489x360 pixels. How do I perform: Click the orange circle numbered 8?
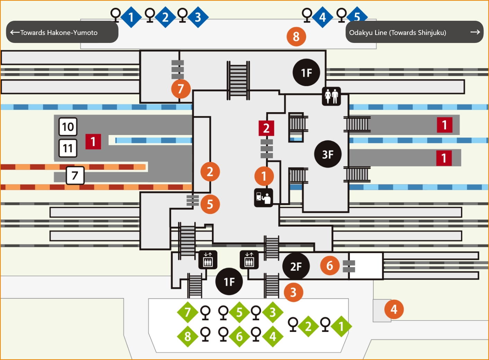click(x=296, y=36)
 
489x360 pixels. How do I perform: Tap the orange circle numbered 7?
click(x=181, y=89)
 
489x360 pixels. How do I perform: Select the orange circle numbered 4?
click(x=394, y=309)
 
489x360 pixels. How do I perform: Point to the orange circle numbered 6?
click(x=330, y=265)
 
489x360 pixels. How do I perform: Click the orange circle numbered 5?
click(x=210, y=204)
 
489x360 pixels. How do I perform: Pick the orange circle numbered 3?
click(x=293, y=292)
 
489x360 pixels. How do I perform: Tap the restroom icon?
click(x=331, y=96)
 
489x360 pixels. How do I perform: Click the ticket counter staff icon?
click(x=264, y=198)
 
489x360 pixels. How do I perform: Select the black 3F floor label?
click(x=328, y=154)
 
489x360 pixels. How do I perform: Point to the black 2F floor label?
click(x=296, y=267)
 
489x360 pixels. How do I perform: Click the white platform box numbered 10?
click(x=68, y=127)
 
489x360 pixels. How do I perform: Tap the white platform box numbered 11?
click(x=68, y=148)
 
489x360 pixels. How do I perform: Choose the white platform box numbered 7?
click(x=75, y=175)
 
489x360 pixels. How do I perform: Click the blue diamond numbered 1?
click(x=131, y=17)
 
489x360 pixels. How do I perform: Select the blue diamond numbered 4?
click(x=322, y=17)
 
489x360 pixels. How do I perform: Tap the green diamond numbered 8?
click(x=187, y=336)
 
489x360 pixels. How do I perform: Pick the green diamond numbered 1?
click(x=341, y=326)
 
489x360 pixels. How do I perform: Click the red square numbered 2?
click(x=266, y=128)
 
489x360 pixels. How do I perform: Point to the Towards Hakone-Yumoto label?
click(x=54, y=33)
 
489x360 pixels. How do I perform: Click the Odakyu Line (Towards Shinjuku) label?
click(x=398, y=33)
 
